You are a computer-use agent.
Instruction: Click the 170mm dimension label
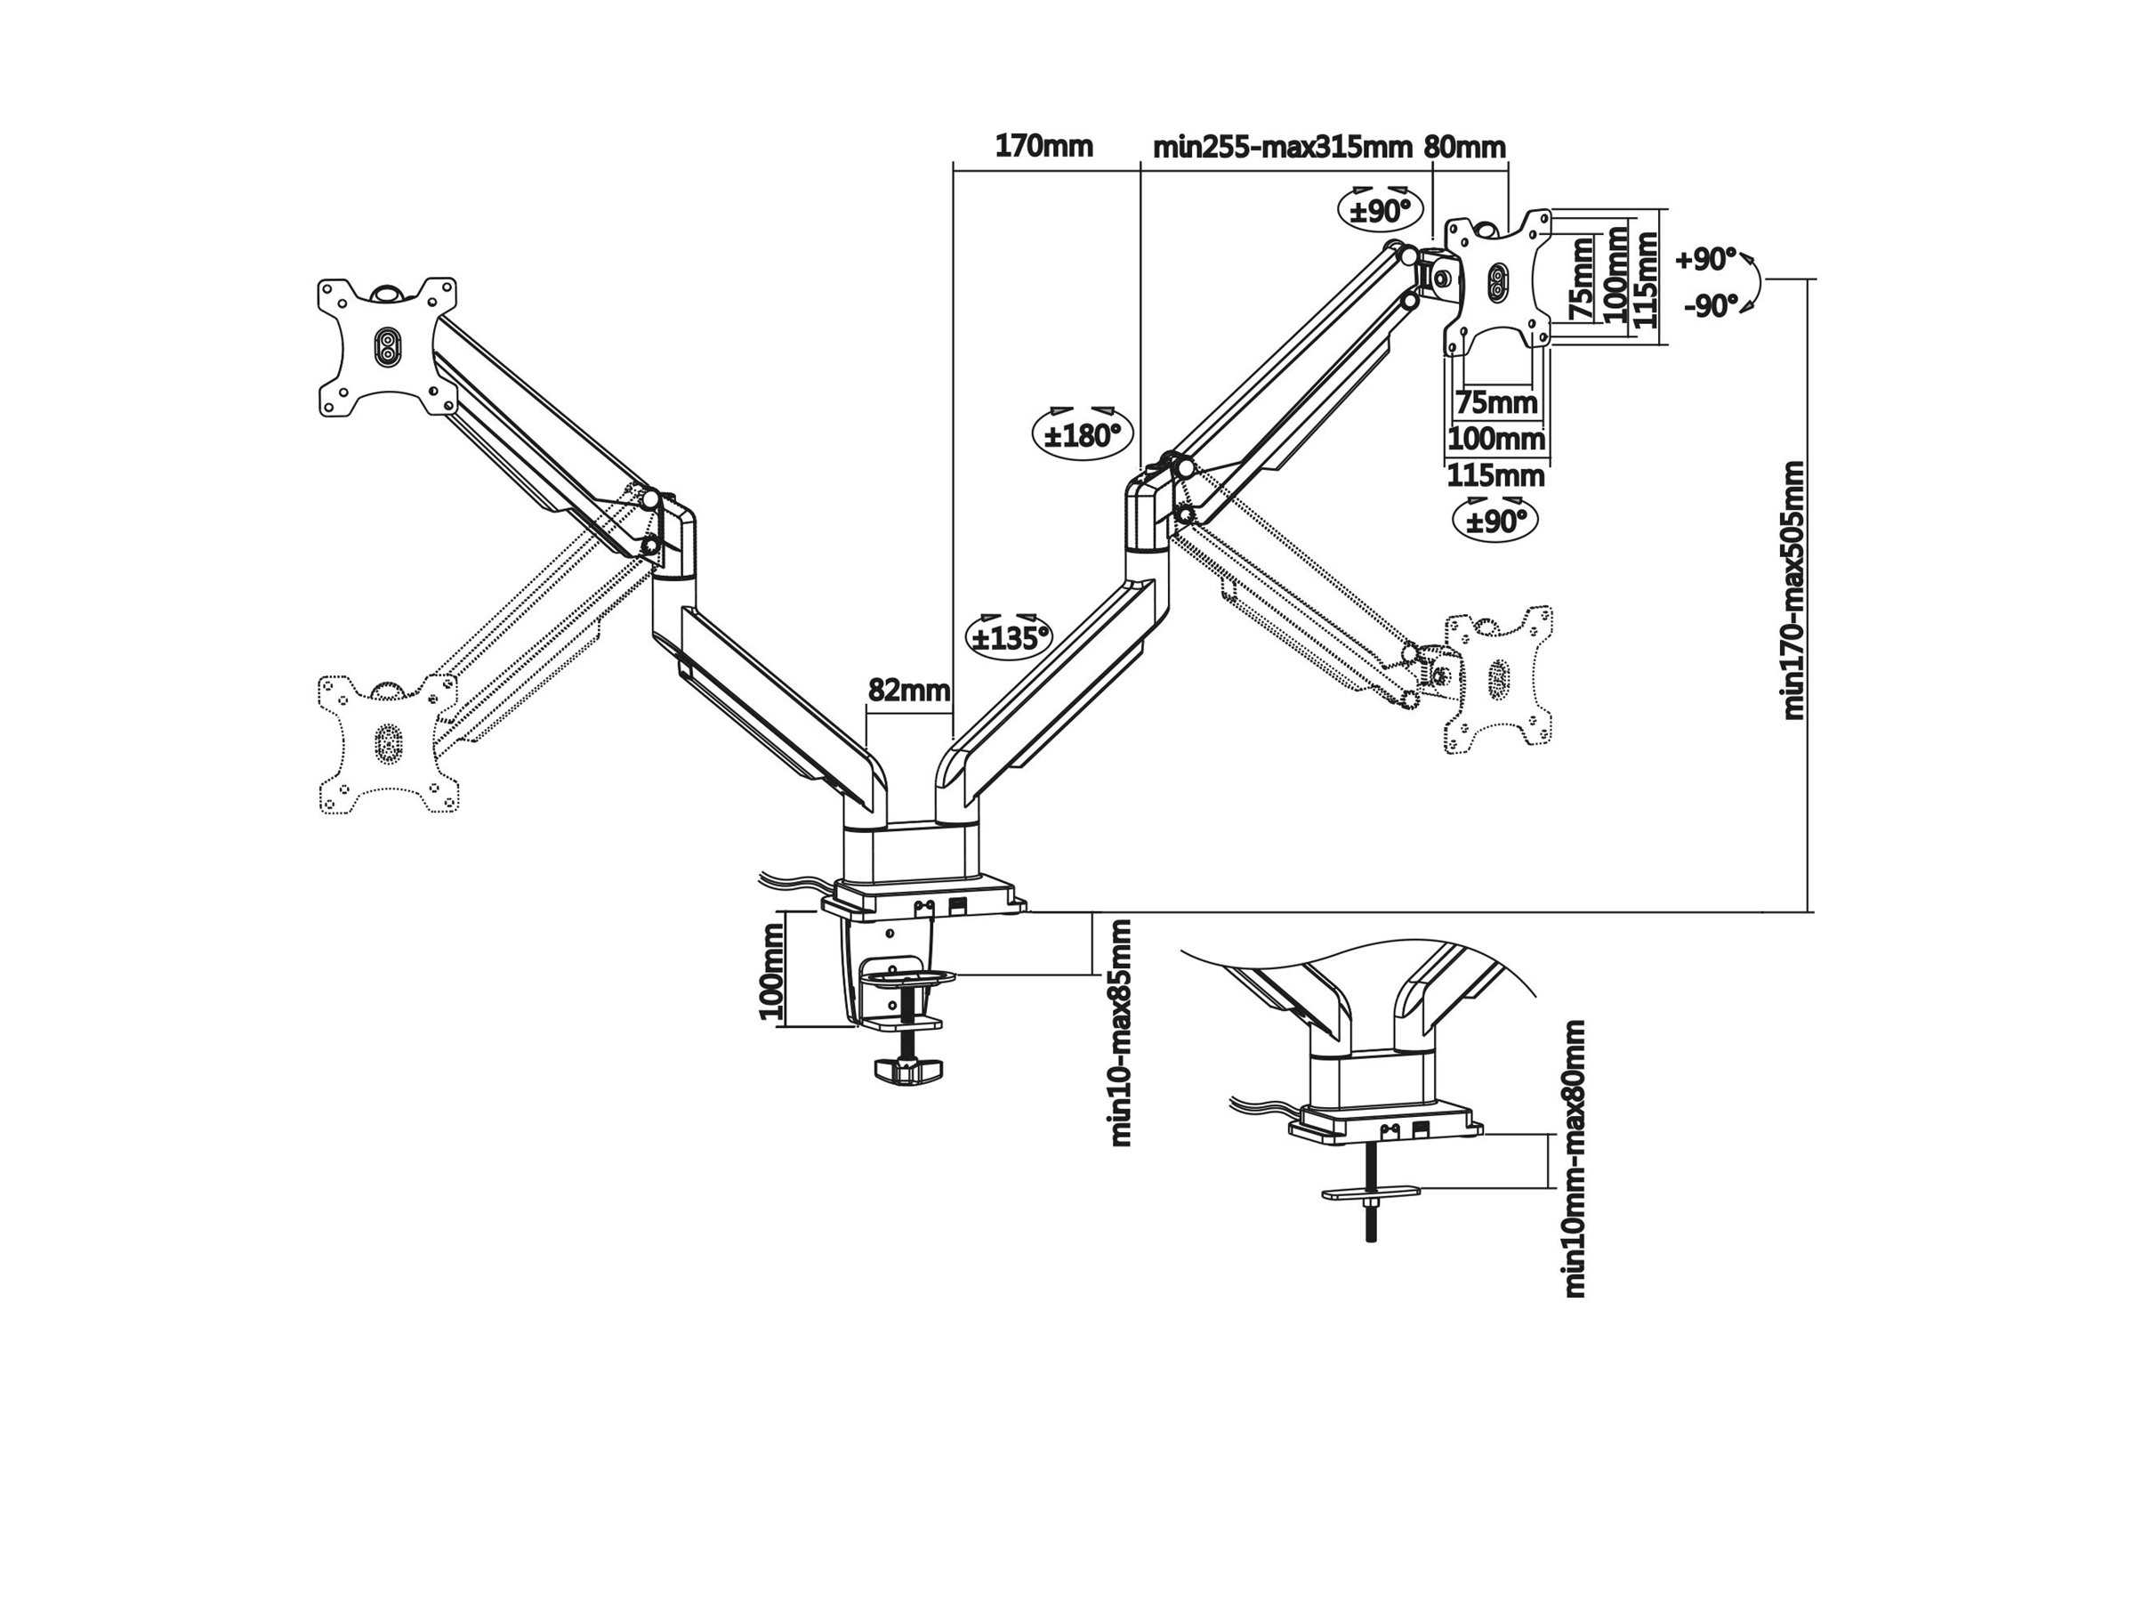[x=1043, y=147]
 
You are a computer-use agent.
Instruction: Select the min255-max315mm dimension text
[x=1282, y=148]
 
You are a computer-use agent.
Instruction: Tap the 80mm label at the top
[x=1464, y=148]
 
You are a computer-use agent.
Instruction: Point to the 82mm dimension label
[x=908, y=690]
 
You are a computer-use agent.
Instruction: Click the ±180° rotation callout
[x=1082, y=435]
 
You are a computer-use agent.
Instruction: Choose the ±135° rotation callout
[x=1009, y=637]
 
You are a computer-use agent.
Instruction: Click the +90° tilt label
[x=1705, y=260]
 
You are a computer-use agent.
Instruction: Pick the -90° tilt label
[x=1711, y=306]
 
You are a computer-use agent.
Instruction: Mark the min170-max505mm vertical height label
[x=1793, y=590]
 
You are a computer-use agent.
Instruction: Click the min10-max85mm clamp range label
[x=1120, y=1032]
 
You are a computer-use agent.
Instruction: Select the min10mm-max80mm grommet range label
[x=1574, y=1159]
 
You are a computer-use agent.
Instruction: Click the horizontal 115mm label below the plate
[x=1495, y=476]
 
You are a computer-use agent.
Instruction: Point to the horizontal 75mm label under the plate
[x=1496, y=401]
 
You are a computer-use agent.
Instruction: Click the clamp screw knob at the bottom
[x=908, y=1069]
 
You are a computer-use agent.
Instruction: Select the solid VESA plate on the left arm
[x=387, y=348]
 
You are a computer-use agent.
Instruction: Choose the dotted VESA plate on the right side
[x=1498, y=680]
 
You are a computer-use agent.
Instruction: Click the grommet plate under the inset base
[x=1371, y=1193]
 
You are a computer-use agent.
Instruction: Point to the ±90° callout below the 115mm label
[x=1495, y=522]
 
